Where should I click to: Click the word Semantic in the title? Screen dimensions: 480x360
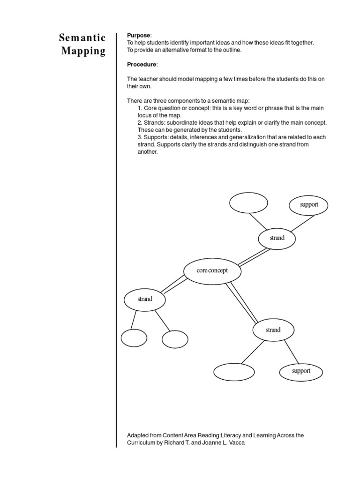click(x=82, y=38)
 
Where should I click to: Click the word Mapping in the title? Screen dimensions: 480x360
click(x=83, y=51)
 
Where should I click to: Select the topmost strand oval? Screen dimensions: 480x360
click(x=277, y=238)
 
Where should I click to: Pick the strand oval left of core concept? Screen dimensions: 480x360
click(x=145, y=299)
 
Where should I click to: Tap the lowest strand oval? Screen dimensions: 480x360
click(x=273, y=330)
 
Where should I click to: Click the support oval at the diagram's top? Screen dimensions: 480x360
click(x=308, y=204)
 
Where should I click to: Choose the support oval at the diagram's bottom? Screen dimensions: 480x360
click(x=301, y=371)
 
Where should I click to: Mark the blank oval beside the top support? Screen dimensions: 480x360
click(x=248, y=203)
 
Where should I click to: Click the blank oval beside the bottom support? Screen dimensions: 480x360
click(x=234, y=372)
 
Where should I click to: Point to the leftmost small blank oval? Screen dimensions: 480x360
click(x=134, y=338)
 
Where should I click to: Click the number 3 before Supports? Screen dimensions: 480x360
click(x=139, y=137)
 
